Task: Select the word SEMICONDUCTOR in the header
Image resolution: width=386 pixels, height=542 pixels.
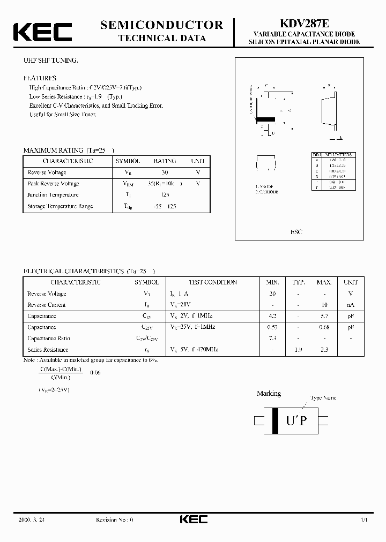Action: point(161,25)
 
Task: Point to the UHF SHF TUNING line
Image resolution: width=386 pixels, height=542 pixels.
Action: point(51,61)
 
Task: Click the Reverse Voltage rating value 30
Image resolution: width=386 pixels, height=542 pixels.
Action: point(165,172)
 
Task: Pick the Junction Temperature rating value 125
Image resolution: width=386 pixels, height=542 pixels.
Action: point(165,195)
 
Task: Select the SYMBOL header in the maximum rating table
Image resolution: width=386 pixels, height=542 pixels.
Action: point(128,161)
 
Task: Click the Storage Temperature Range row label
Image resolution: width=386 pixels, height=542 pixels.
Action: point(60,206)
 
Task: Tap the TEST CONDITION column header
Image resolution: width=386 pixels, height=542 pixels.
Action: point(213,282)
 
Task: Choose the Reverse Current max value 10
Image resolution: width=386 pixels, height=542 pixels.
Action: point(324,305)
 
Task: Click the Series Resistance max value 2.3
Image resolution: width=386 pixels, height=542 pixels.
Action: point(324,349)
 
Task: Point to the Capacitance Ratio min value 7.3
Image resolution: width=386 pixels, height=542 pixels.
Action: point(273,338)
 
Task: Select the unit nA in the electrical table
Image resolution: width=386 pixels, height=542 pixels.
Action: point(351,305)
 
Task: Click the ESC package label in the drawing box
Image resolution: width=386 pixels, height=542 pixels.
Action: point(296,232)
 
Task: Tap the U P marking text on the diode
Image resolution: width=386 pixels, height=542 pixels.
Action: point(296,421)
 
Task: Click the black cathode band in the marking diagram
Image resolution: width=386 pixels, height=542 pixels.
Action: point(276,421)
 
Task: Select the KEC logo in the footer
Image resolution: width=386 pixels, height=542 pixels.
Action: point(193,520)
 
